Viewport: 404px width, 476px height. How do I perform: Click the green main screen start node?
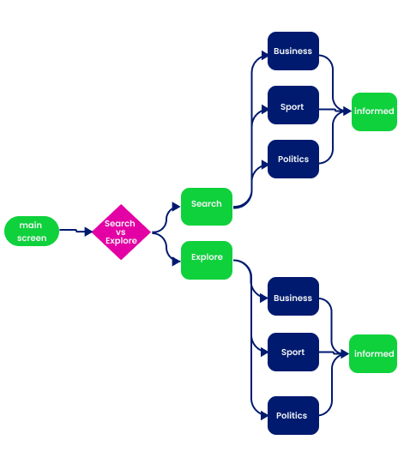(x=32, y=231)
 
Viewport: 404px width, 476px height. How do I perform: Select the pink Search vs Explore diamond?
(x=121, y=232)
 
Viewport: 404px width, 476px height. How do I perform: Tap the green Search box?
(x=207, y=207)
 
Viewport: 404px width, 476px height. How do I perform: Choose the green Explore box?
(x=207, y=260)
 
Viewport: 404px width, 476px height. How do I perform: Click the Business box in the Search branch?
(x=293, y=51)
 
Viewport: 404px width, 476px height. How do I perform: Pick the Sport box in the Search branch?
(x=293, y=105)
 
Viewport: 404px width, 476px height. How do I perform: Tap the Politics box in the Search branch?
(x=293, y=159)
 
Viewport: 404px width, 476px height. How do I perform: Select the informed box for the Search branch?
(x=374, y=111)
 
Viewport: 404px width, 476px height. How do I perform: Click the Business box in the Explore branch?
(x=293, y=296)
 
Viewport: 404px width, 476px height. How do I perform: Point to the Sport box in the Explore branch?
(x=293, y=352)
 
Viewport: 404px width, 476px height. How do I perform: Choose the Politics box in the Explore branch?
(x=293, y=415)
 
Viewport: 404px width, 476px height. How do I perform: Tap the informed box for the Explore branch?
(x=373, y=353)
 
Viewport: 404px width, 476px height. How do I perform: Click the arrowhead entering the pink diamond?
(x=88, y=232)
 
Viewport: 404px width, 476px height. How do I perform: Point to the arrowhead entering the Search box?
(x=177, y=207)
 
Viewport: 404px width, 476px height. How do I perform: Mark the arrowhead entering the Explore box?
(x=177, y=262)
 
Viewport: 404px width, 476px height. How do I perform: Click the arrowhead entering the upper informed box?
(x=347, y=111)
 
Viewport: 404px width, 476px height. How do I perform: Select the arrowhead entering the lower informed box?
(x=345, y=353)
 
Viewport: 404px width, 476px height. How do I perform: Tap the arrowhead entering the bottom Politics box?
(x=264, y=416)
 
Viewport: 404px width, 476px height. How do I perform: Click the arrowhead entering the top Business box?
(x=264, y=56)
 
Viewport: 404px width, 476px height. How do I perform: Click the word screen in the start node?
(x=32, y=238)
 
